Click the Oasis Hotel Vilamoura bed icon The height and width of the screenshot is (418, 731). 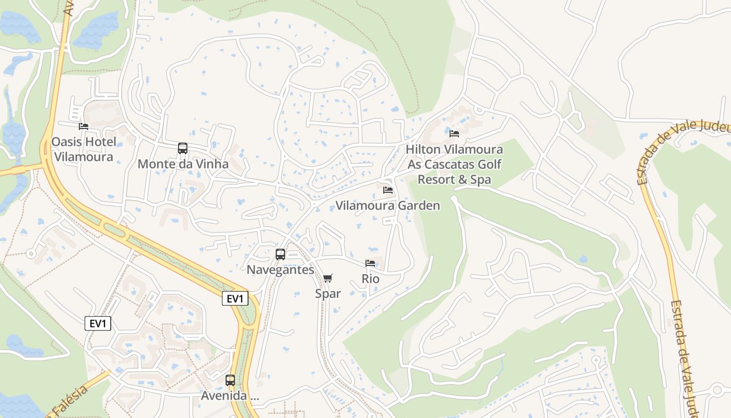point(83,126)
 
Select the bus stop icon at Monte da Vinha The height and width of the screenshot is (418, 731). point(183,148)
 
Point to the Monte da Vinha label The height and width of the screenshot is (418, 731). point(183,164)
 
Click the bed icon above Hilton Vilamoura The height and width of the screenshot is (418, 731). point(454,134)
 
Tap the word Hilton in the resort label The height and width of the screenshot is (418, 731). point(422,149)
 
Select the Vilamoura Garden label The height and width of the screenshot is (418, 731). point(387,205)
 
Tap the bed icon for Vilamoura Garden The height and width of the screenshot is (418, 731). point(387,190)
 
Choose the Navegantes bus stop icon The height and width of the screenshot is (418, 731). point(280,254)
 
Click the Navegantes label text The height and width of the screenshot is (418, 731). point(280,270)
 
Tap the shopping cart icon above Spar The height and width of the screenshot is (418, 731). point(327,278)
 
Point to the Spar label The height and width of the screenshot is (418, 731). point(327,294)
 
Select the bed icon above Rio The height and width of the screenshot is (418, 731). point(370,263)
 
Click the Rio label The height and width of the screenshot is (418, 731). point(370,279)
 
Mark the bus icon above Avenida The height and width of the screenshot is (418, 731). point(230,380)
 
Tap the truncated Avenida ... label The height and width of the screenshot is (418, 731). point(230,396)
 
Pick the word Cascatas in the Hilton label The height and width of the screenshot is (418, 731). point(453,165)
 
